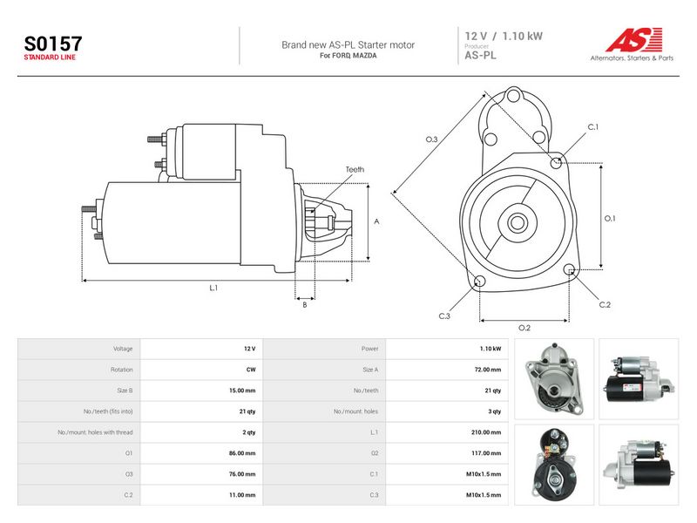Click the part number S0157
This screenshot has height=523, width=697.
click(x=53, y=44)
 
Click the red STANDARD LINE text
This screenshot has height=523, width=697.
click(x=50, y=58)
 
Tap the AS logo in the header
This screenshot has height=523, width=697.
click(x=633, y=39)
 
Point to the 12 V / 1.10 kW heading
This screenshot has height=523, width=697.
click(x=504, y=36)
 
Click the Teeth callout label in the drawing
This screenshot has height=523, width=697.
click(x=355, y=169)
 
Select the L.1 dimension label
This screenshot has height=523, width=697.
click(x=213, y=288)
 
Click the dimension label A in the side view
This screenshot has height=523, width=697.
click(x=376, y=221)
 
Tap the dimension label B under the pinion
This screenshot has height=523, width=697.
click(x=304, y=305)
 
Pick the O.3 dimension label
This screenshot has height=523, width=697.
click(x=431, y=139)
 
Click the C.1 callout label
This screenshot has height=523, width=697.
click(x=593, y=127)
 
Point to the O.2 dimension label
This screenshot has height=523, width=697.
click(x=524, y=328)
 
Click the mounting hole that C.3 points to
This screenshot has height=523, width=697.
click(x=480, y=281)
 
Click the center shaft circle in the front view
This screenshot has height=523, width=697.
click(x=517, y=222)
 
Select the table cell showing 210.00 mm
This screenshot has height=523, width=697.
click(x=486, y=432)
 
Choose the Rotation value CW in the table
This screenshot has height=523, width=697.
click(x=251, y=370)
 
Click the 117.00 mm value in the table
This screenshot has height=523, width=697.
click(x=486, y=453)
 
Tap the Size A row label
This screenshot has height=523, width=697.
click(x=370, y=370)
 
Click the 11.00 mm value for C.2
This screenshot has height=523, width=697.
click(x=242, y=495)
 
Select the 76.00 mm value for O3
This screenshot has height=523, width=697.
click(x=242, y=474)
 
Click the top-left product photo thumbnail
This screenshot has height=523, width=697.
click(x=554, y=379)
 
